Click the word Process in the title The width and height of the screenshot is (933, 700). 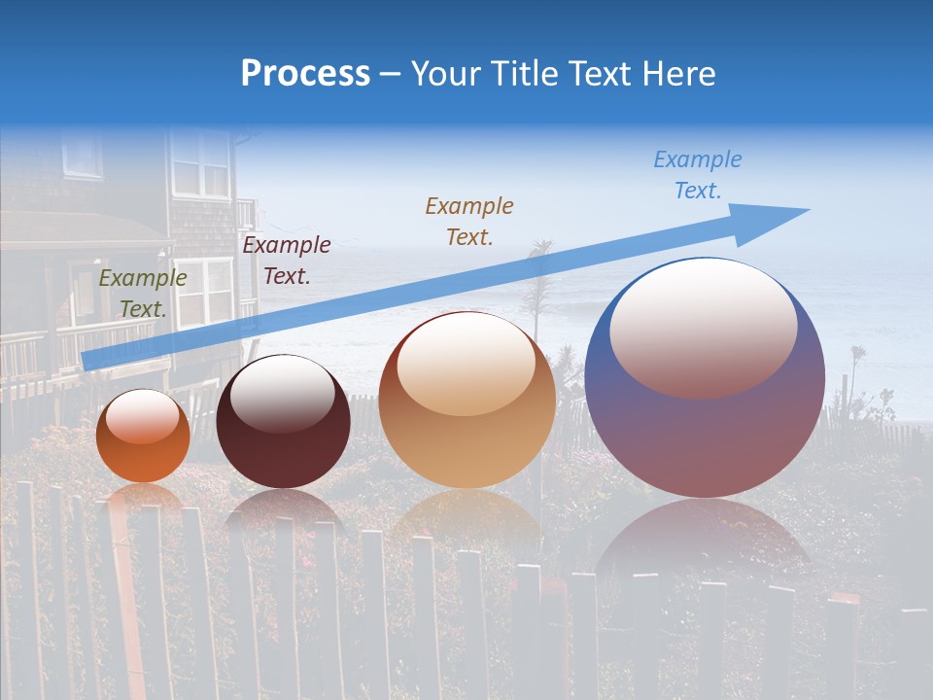(x=305, y=74)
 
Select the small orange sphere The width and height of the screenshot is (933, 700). (x=143, y=437)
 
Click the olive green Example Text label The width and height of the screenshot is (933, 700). (x=143, y=294)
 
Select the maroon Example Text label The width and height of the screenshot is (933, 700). (x=287, y=261)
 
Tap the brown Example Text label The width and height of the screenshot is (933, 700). (x=469, y=221)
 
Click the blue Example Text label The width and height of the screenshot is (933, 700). (x=698, y=175)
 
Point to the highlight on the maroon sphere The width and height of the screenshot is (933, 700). (x=282, y=394)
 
